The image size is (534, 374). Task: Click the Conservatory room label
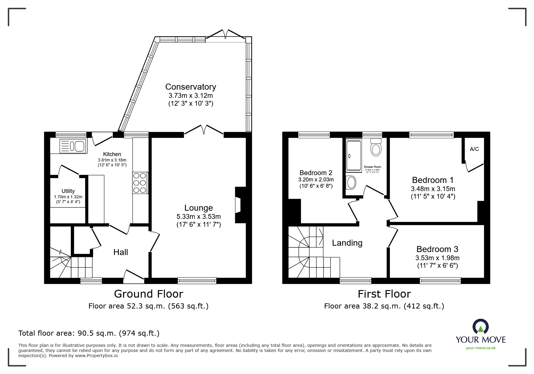coord(191,87)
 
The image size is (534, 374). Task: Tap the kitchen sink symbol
coord(73,146)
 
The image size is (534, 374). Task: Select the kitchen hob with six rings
coord(140,183)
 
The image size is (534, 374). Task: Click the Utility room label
coord(68,191)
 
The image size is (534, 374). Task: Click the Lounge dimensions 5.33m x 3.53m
coord(198,216)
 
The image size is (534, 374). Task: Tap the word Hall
coord(121,252)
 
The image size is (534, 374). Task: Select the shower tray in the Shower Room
coord(354,155)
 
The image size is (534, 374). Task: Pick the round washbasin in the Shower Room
coord(351,182)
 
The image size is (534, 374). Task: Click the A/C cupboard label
coord(474,149)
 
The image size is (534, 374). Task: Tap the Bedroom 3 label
coord(437,249)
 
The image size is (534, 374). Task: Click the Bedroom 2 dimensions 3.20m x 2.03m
coord(316,180)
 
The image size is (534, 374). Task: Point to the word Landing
coord(347,243)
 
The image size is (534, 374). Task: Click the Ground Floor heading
coord(148,294)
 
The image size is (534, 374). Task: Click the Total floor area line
coord(89,333)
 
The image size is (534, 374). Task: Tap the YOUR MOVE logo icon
coord(480,326)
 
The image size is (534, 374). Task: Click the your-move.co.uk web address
coord(481,348)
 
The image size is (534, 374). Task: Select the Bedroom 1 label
coord(433,180)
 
